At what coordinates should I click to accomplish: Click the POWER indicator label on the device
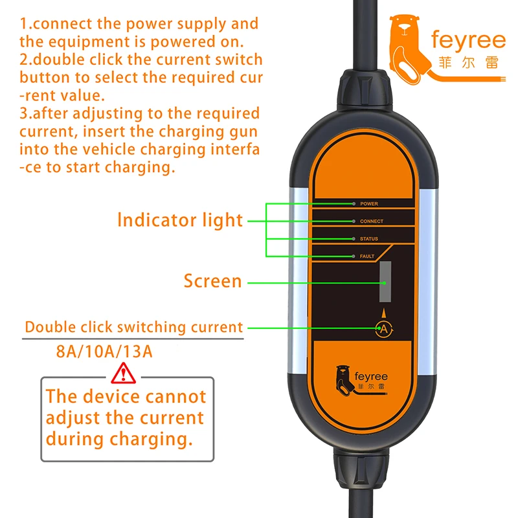point(368,203)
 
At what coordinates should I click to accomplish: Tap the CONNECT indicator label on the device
point(371,221)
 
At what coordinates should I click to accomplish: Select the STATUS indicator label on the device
point(368,239)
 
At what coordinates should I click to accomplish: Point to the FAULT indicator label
point(367,256)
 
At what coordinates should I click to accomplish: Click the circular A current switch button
point(383,329)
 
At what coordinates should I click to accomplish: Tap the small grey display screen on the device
point(386,283)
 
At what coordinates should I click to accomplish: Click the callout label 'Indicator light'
point(180,220)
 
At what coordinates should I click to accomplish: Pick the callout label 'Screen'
point(212,281)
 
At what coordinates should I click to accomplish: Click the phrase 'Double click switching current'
point(134,327)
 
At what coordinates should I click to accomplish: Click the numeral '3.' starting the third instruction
point(26,114)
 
